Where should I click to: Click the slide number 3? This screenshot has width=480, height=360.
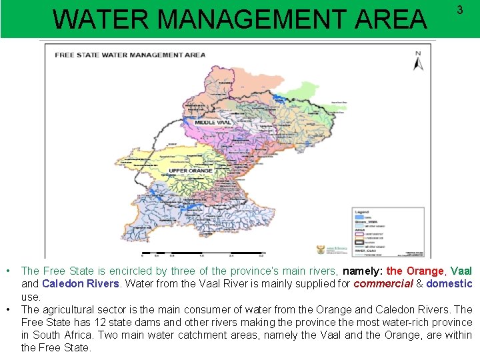459,10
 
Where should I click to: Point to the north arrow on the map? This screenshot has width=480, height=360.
418,61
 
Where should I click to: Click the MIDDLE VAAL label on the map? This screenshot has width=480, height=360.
213,123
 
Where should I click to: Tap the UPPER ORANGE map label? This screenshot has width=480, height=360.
191,171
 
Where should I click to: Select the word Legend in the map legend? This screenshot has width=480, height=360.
362,211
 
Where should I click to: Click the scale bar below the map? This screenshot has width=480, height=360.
200,254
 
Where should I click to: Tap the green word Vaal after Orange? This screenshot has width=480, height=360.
461,271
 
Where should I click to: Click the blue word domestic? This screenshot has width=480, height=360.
449,283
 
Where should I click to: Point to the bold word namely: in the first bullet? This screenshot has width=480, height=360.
363,271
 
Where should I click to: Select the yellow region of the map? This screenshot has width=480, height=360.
183,160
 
